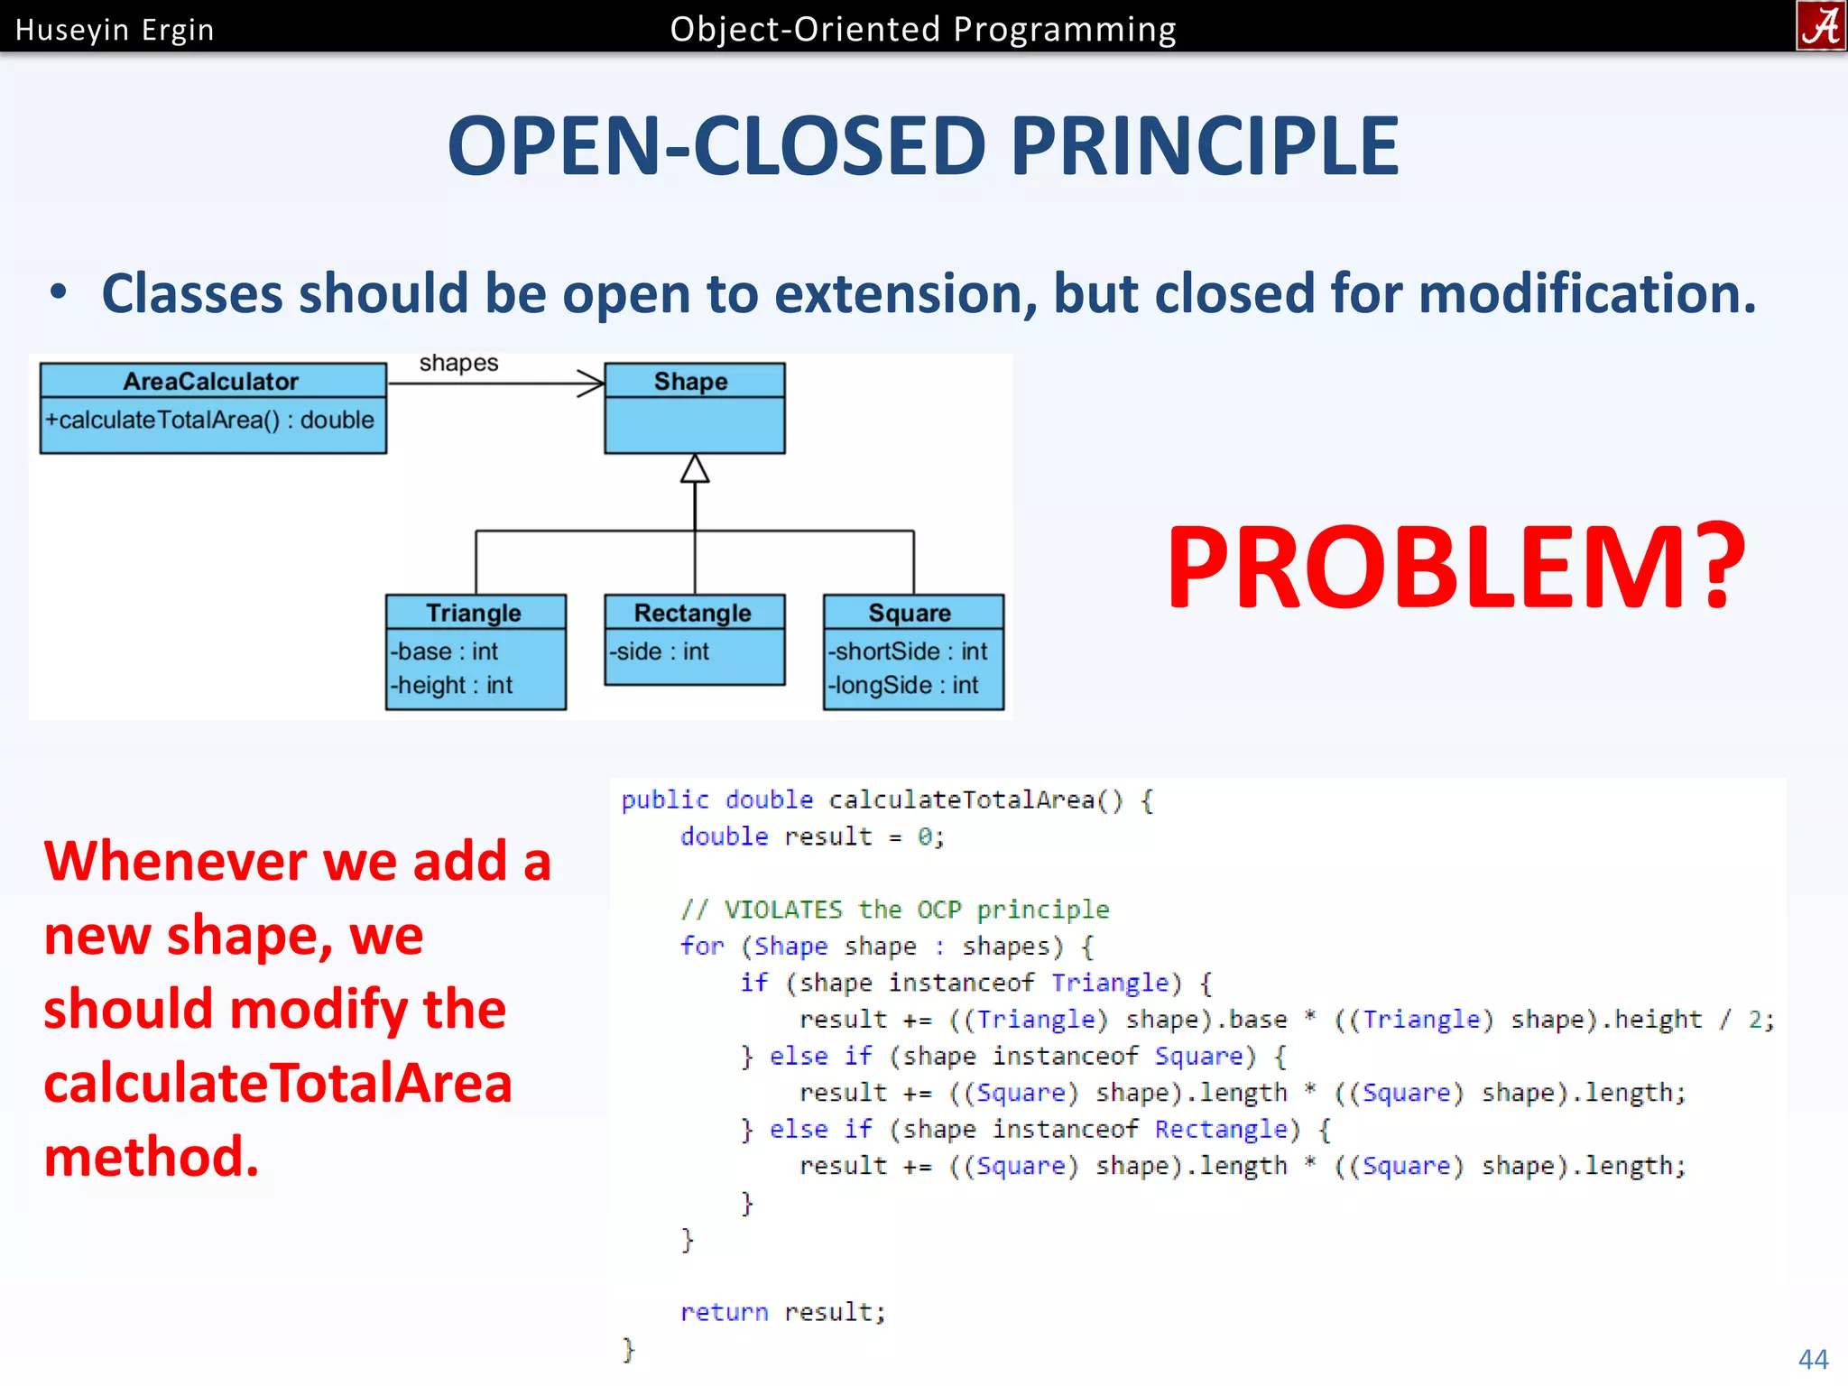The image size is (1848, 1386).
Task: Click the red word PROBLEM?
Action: click(x=1455, y=568)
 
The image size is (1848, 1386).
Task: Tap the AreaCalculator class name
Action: click(x=211, y=382)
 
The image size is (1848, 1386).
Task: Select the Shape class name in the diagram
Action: click(x=691, y=382)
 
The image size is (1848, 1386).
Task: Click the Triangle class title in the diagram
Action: click(x=474, y=614)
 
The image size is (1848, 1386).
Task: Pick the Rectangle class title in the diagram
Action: click(x=692, y=614)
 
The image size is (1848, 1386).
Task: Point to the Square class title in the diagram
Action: click(x=910, y=614)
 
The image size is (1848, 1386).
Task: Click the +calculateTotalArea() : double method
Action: click(x=210, y=420)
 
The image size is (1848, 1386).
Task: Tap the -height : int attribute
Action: click(x=452, y=686)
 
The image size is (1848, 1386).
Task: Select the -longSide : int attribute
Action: click(x=903, y=686)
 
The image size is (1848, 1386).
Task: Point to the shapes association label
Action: click(x=458, y=363)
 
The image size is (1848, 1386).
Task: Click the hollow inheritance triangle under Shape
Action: click(x=694, y=469)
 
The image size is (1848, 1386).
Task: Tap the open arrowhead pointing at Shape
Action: click(x=592, y=383)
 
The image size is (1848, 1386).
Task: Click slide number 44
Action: click(x=1813, y=1359)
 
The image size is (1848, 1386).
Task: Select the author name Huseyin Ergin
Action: click(x=115, y=31)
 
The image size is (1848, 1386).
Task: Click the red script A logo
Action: click(x=1821, y=26)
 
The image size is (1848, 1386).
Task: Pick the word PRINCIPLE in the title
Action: click(x=1205, y=146)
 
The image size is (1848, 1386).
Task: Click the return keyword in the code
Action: click(x=724, y=1312)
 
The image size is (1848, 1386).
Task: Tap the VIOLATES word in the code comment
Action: click(x=782, y=910)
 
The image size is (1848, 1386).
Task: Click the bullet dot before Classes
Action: click(x=59, y=292)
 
